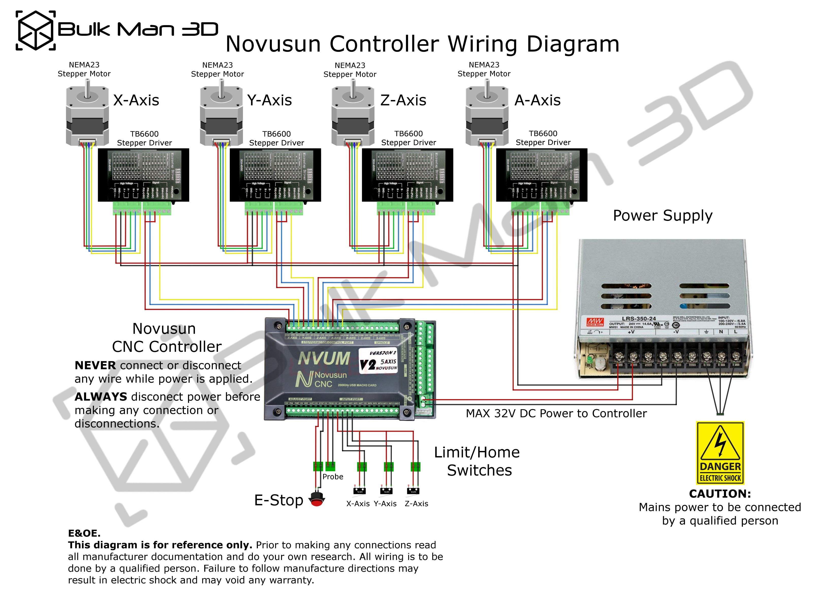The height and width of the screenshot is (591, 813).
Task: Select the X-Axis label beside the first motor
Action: pos(136,100)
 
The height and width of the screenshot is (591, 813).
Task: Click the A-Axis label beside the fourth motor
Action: pos(537,100)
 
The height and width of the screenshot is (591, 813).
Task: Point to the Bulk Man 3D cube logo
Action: pos(36,31)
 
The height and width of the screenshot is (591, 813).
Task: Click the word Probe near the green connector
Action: pos(333,477)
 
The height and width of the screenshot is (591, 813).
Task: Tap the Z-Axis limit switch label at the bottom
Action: pos(416,504)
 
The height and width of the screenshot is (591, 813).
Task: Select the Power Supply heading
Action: pos(662,216)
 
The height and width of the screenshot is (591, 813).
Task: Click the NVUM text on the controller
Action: pos(324,358)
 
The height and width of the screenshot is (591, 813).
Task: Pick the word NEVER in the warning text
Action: pos(95,366)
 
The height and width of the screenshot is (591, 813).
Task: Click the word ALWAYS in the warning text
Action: pos(101,397)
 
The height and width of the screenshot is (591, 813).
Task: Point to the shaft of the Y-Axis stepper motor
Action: pos(222,88)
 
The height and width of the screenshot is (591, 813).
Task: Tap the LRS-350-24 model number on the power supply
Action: pos(639,319)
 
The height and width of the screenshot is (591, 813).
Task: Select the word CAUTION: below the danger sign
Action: pos(720,494)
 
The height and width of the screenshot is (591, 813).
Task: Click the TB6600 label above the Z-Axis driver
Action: pos(408,134)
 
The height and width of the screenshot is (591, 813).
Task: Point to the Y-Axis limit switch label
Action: pos(385,504)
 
